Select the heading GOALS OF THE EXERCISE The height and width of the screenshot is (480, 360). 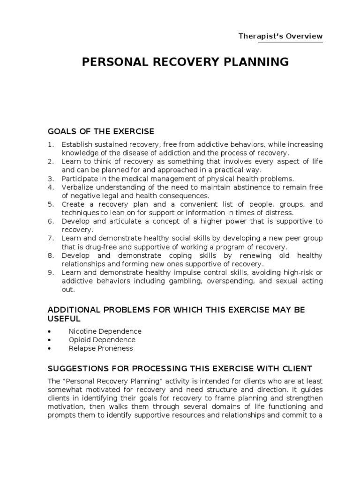click(101, 131)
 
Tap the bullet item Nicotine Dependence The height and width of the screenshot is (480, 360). click(105, 331)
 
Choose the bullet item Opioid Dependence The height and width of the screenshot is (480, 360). click(102, 339)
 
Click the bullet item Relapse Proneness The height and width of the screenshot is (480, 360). click(100, 348)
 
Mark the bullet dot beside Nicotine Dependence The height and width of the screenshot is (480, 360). click(50, 331)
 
